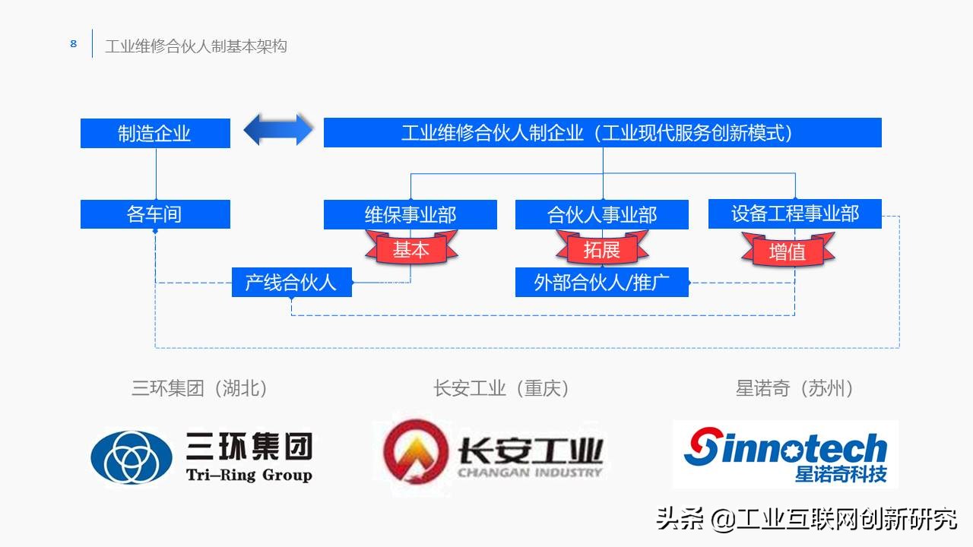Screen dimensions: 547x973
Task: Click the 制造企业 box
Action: (155, 134)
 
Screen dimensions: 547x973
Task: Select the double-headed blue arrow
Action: (278, 130)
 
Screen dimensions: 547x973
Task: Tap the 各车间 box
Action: (155, 214)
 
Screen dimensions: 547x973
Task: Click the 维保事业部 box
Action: (410, 214)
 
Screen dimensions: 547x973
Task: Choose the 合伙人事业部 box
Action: (602, 214)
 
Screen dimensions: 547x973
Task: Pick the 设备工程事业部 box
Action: (795, 213)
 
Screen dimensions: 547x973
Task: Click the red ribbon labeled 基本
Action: (410, 249)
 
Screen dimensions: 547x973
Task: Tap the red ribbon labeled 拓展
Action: (602, 249)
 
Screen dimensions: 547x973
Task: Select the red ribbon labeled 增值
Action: (788, 251)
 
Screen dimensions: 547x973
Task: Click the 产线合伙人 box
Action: (291, 283)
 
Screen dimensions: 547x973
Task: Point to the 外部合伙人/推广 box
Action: (602, 283)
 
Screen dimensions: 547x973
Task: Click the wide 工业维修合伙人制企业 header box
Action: (602, 133)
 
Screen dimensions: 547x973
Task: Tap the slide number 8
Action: (74, 44)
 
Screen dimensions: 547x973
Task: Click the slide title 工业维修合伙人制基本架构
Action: (196, 46)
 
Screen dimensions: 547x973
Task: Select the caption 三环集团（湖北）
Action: (201, 388)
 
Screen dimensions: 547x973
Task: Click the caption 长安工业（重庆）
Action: (502, 388)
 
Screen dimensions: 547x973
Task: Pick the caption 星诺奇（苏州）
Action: (795, 388)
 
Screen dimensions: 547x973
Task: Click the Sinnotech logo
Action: (785, 454)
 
